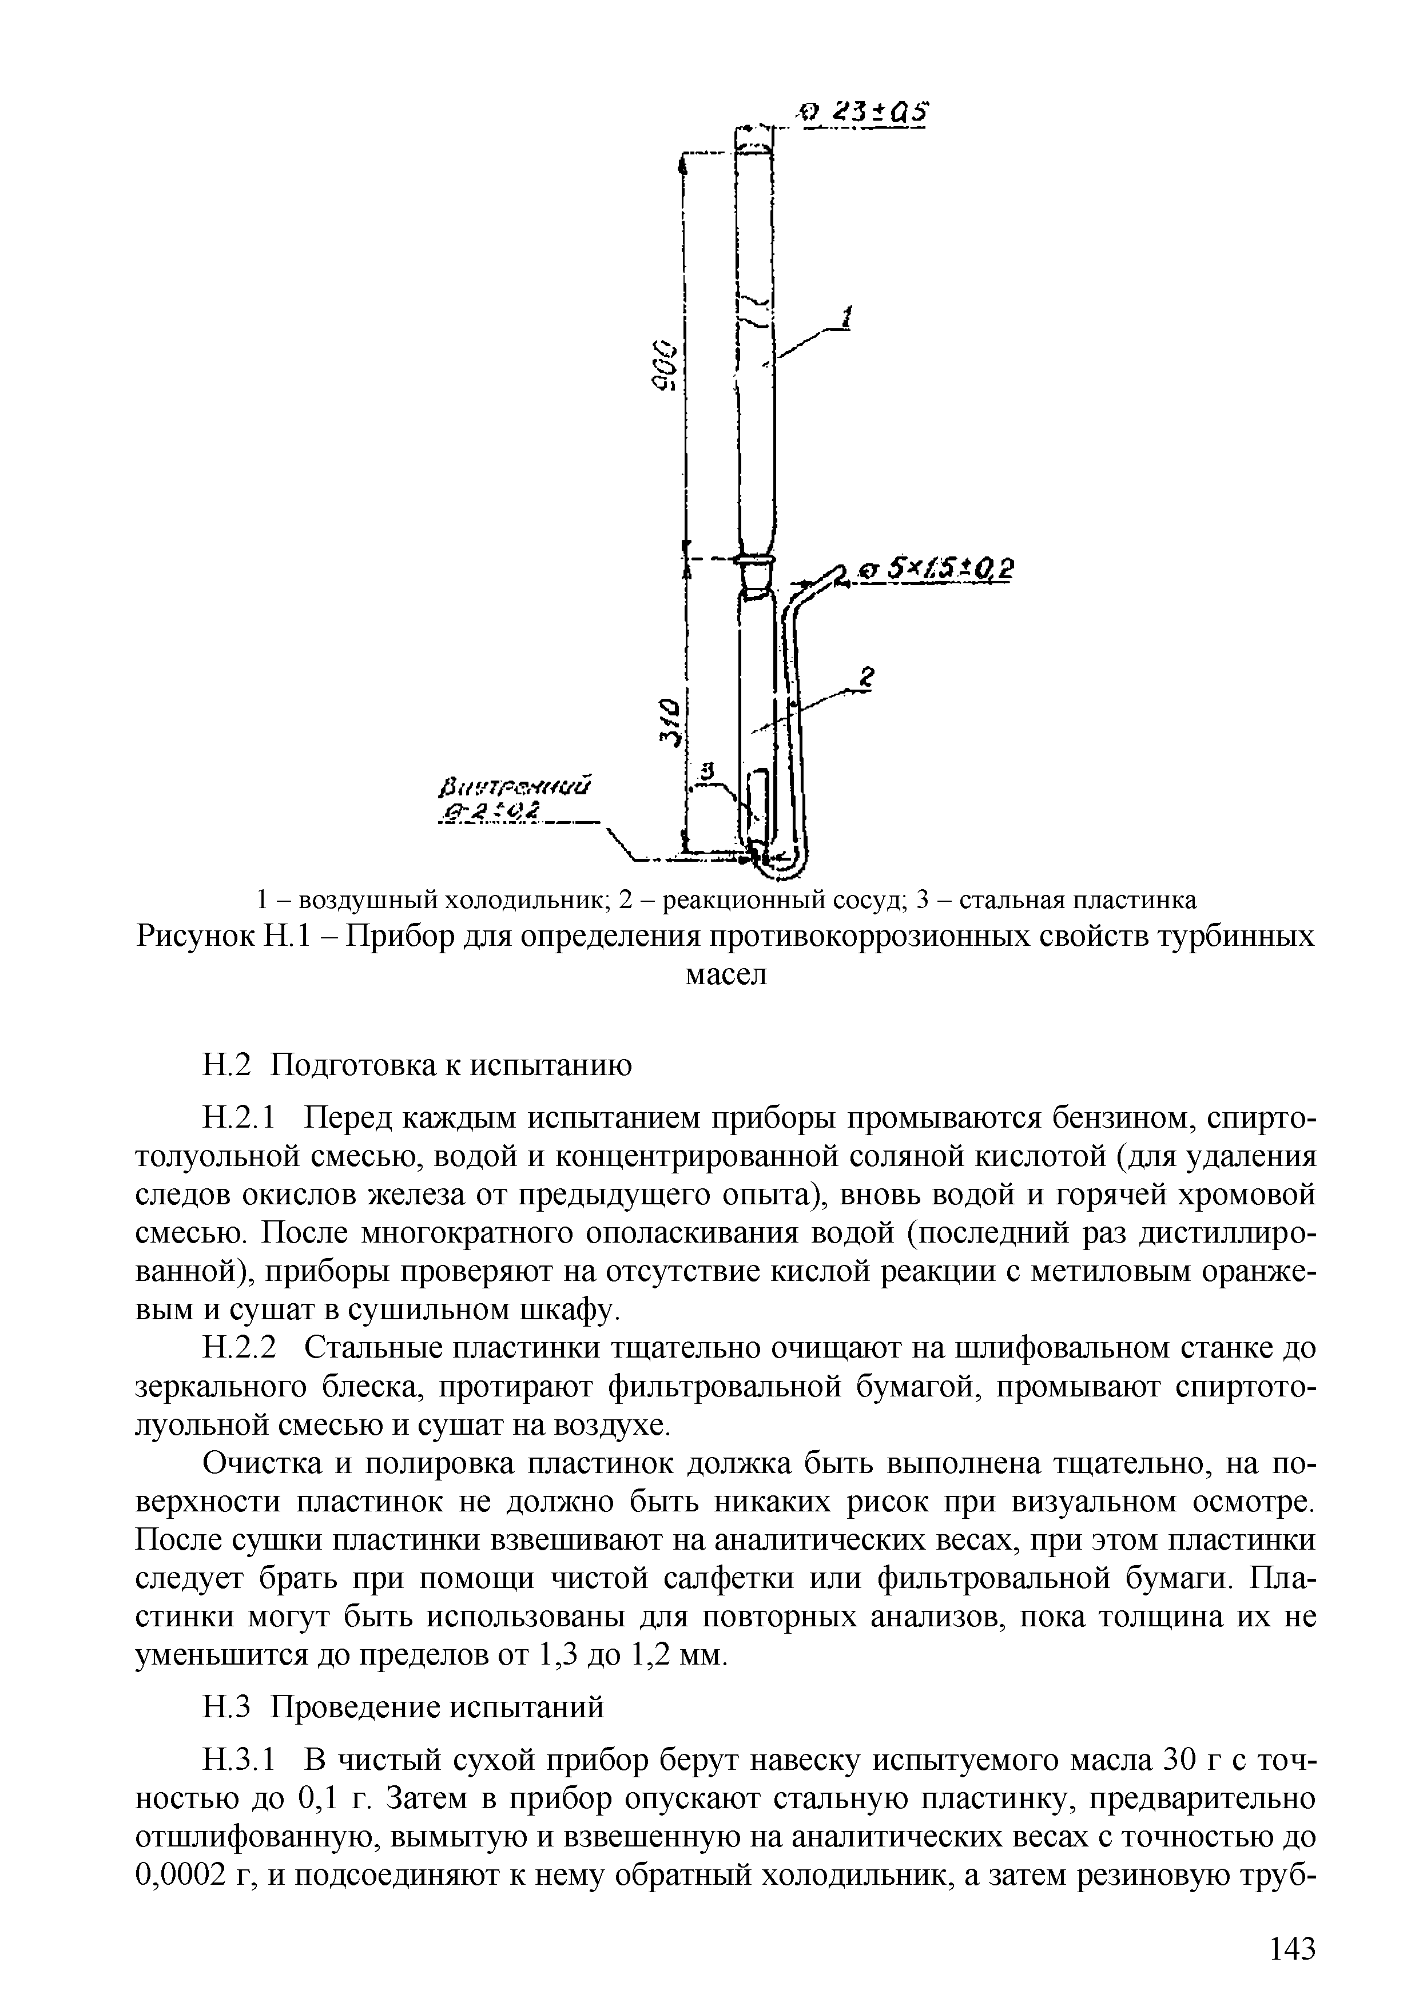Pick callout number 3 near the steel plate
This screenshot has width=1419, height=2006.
pos(709,771)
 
